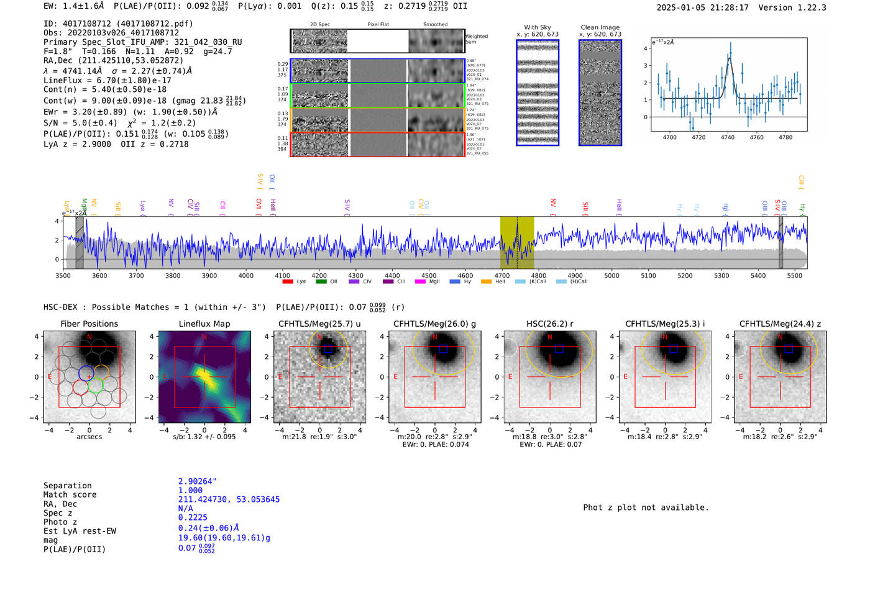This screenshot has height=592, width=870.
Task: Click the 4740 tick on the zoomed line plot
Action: tap(727, 137)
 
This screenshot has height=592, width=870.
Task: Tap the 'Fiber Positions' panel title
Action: tap(89, 324)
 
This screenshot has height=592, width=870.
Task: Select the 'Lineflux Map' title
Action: tap(204, 324)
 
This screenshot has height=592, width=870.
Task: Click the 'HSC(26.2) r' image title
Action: tap(549, 324)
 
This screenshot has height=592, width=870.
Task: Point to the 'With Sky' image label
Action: tap(537, 27)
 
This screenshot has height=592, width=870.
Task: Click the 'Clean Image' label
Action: tap(600, 27)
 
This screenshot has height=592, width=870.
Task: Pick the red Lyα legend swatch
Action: tap(288, 281)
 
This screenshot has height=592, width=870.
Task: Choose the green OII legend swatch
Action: tap(321, 281)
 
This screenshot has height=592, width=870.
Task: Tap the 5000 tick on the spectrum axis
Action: tap(611, 275)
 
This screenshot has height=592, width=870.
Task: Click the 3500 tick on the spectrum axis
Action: tap(63, 275)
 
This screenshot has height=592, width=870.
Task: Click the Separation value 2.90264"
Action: tap(197, 481)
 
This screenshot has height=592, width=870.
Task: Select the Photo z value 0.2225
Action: tap(193, 517)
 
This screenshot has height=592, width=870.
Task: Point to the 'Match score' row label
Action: tap(70, 494)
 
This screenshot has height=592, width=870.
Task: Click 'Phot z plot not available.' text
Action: tap(646, 508)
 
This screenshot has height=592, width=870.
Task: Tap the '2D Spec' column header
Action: tap(319, 25)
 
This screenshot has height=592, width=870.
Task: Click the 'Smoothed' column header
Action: tap(435, 25)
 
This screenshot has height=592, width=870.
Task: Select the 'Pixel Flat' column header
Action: tap(378, 25)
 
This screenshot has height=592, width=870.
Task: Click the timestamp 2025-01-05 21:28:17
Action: tap(702, 7)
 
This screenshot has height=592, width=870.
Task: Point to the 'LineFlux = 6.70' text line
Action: tap(108, 80)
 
